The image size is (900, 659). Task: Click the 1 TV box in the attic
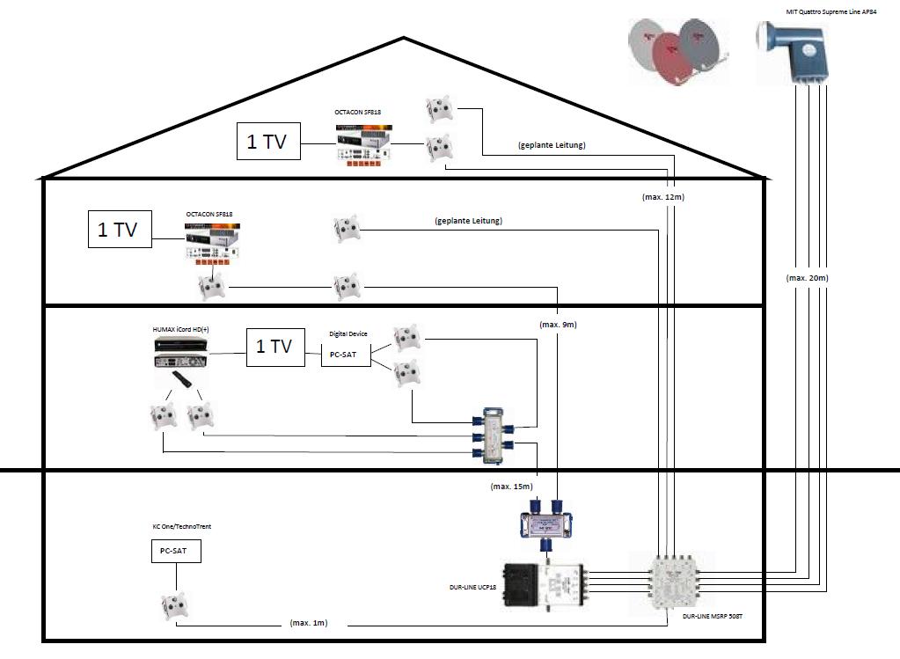tap(268, 142)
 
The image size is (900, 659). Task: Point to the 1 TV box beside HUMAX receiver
tap(274, 346)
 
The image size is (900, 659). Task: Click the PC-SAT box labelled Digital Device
tap(345, 354)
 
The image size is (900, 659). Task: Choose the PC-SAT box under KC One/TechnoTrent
tap(174, 552)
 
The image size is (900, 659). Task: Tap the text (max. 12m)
tap(662, 197)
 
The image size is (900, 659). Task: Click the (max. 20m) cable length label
tap(807, 278)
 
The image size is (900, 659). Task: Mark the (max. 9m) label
tap(558, 325)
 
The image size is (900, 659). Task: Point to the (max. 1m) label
tap(309, 623)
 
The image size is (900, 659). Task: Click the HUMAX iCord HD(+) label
tap(180, 329)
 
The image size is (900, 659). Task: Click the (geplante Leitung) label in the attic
tap(552, 144)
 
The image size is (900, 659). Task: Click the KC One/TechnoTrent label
tap(181, 526)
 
